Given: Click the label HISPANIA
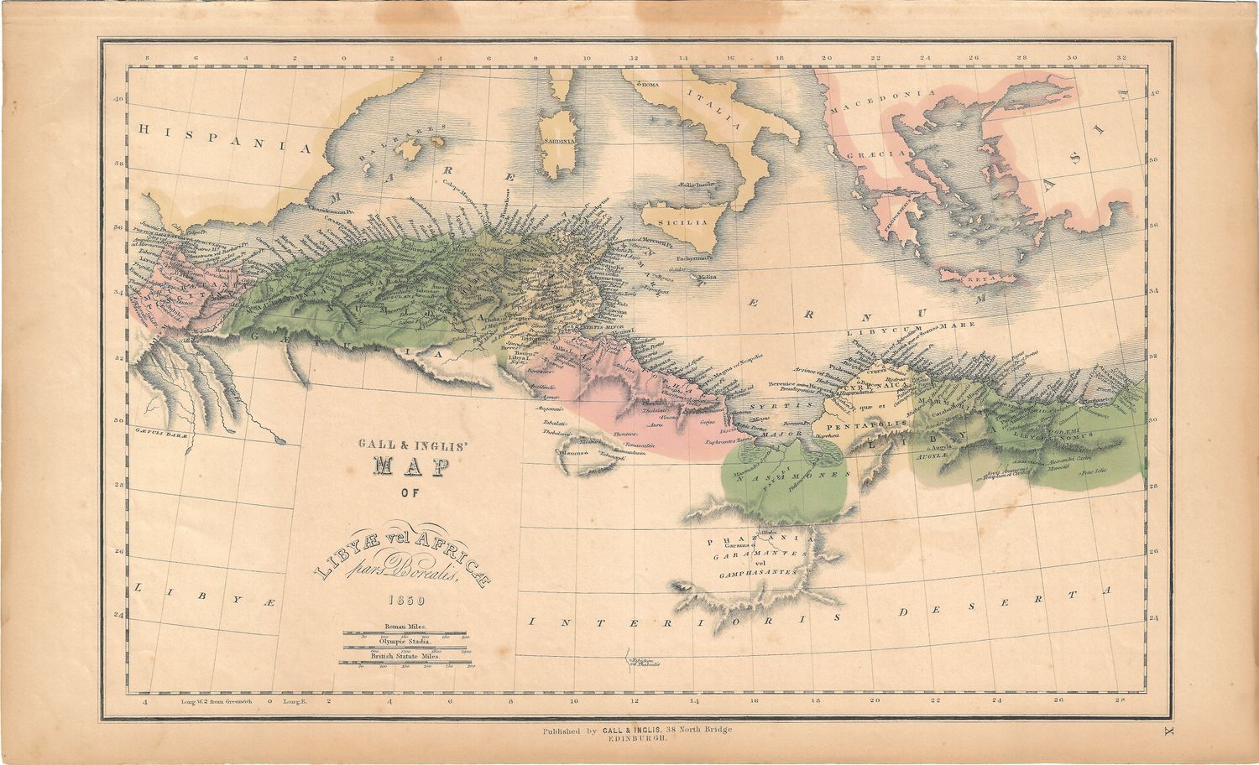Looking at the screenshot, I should [223, 137].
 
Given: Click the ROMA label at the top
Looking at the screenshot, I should [651, 86].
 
